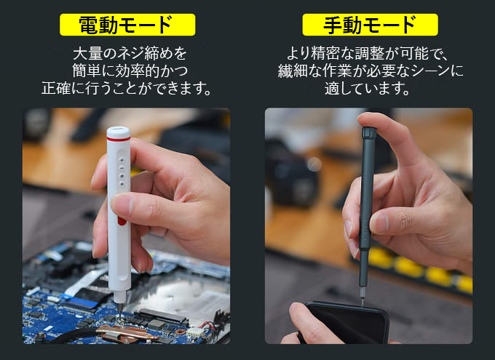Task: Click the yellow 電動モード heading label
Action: [127, 25]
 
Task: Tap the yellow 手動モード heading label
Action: [371, 25]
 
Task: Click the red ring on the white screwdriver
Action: [119, 138]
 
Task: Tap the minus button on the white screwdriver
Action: [122, 168]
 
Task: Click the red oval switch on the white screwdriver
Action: [122, 220]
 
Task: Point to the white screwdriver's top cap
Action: [119, 131]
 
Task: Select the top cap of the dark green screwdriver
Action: [369, 133]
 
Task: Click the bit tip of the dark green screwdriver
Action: [363, 300]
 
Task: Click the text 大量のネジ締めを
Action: [130, 54]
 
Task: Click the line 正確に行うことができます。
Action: [126, 88]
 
